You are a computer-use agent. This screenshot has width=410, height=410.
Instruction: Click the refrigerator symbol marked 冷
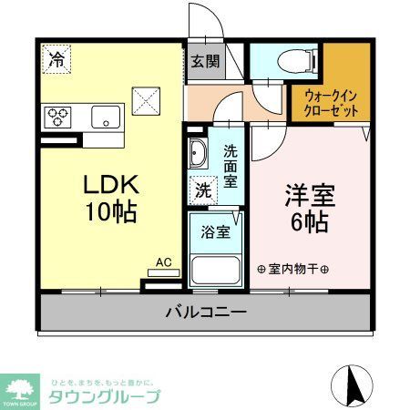click(x=57, y=61)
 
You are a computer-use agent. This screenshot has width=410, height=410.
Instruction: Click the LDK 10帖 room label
click(x=110, y=199)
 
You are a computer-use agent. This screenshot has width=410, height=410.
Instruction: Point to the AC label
click(x=164, y=262)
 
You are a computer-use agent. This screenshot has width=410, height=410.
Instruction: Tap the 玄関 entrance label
click(x=204, y=62)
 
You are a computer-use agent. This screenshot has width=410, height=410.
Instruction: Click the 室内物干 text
click(x=293, y=270)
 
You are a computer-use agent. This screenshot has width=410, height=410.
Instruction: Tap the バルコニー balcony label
click(x=205, y=313)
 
